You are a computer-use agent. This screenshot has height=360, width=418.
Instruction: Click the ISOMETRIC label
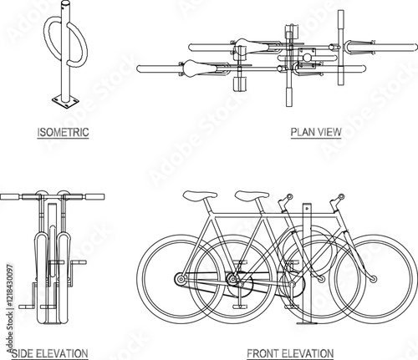[63, 132]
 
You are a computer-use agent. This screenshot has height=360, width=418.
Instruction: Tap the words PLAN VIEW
[316, 132]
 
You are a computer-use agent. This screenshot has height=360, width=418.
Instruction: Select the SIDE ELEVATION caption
[49, 353]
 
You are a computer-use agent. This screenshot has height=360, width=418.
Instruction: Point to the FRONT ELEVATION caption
[290, 353]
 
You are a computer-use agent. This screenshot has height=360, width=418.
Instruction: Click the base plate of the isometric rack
[65, 102]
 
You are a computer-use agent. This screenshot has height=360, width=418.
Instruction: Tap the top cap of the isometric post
[66, 4]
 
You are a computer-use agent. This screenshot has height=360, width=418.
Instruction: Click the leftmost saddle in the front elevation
[200, 195]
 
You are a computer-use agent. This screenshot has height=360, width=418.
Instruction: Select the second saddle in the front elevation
[252, 195]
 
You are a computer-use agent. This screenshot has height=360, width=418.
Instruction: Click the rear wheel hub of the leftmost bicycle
[181, 279]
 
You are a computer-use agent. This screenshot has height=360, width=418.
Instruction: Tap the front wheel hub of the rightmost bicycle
[374, 278]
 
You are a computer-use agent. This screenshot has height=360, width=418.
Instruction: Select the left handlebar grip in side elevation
[10, 197]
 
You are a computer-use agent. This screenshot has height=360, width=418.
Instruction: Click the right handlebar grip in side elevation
[94, 197]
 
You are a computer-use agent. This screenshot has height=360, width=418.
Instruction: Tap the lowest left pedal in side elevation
[26, 307]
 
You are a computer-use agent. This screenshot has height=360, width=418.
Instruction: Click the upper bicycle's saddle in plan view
[252, 46]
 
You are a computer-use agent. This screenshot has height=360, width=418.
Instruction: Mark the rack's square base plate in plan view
[307, 55]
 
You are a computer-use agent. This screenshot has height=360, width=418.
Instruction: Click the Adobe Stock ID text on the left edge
[10, 307]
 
